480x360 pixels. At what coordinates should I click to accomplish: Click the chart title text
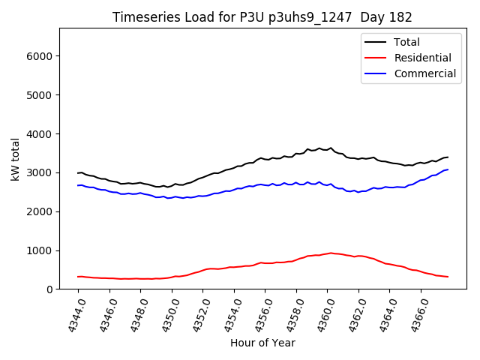point(262,17)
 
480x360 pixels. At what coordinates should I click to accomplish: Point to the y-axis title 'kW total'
point(15,159)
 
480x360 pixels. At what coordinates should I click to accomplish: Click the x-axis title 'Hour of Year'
point(262,343)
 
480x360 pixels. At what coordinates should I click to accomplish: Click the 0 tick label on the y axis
point(49,289)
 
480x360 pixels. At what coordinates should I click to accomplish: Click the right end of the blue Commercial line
point(448,169)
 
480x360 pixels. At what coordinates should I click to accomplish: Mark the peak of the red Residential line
point(331,253)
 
